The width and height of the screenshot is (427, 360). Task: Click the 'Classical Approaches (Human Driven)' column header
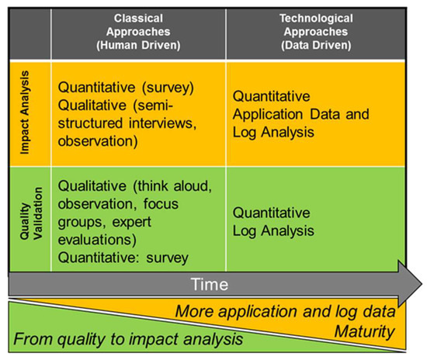[x=138, y=32]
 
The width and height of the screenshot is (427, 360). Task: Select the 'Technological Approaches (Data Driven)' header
[x=316, y=32]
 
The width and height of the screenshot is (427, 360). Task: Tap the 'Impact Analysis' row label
[x=25, y=112]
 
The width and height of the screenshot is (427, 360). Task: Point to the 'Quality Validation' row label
[x=31, y=213]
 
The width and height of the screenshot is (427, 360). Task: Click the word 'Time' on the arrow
[x=209, y=285]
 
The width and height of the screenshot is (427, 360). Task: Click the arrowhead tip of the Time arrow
[x=422, y=284]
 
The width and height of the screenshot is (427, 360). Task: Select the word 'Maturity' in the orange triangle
[x=365, y=332]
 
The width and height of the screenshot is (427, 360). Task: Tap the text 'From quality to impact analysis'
[x=128, y=340]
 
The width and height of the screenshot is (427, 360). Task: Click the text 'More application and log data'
[x=285, y=312]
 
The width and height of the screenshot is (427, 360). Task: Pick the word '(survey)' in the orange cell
[x=168, y=88]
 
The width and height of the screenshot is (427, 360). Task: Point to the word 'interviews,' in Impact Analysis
[x=162, y=123]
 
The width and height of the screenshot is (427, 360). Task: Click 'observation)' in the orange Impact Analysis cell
[x=98, y=141]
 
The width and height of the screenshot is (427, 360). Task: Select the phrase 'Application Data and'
[x=301, y=114]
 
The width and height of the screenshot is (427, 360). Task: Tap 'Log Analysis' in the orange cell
[x=273, y=133]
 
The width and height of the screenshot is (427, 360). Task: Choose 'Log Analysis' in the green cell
[x=273, y=231]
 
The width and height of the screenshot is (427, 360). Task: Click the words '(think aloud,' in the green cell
[x=172, y=186]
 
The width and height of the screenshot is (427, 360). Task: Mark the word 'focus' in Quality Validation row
[x=161, y=203]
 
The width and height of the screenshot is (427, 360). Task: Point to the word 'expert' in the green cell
[x=131, y=223]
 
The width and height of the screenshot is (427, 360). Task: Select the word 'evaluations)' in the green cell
[x=97, y=240]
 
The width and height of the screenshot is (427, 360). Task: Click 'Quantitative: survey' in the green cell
[x=123, y=258]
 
